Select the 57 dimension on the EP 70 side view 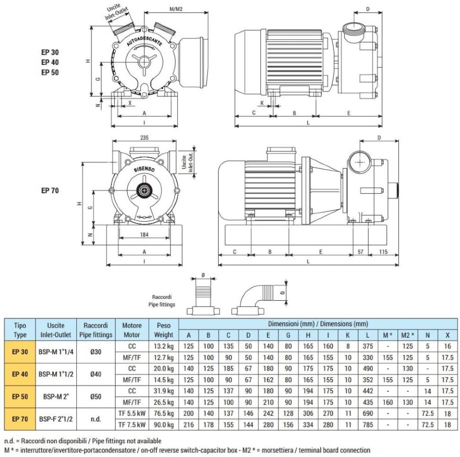(360, 251)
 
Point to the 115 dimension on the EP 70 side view (382, 251)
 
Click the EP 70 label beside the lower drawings (50, 191)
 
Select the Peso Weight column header (164, 330)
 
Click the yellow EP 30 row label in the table (18, 351)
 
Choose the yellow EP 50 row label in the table (18, 396)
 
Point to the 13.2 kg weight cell (164, 346)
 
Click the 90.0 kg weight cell (164, 424)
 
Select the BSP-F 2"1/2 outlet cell (56, 419)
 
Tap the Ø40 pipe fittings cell (96, 374)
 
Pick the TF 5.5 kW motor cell (132, 413)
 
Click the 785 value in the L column (368, 424)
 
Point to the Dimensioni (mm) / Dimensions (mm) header (318, 324)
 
